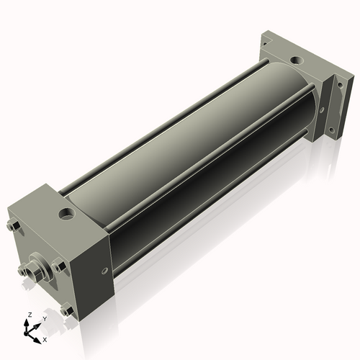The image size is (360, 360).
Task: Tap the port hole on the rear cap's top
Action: point(297,60)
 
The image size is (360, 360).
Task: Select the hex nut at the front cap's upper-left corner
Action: point(14,225)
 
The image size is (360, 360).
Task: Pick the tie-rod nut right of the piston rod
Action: point(58,266)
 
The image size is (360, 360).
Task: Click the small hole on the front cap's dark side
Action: point(104,271)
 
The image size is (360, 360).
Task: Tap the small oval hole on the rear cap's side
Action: point(322,109)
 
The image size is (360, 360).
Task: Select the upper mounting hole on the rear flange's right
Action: point(340,85)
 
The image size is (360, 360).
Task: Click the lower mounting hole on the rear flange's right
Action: point(331,130)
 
